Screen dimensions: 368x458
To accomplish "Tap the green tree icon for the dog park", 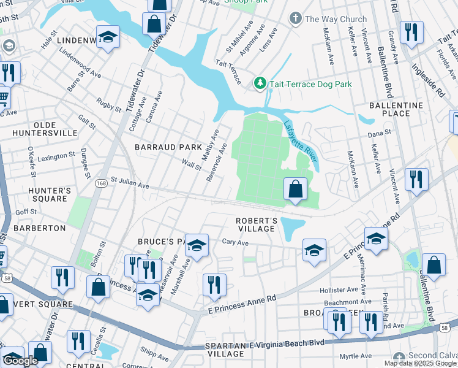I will click(x=260, y=83).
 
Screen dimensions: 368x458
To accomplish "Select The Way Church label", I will click(x=336, y=19).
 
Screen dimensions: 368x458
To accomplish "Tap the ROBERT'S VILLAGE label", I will click(x=257, y=224).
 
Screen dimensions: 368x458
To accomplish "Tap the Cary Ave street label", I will click(x=235, y=243).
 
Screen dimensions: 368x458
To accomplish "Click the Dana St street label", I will click(x=379, y=134).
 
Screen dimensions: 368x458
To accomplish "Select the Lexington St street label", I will click(x=56, y=157).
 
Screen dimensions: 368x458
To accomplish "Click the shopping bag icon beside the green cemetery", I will click(x=296, y=191).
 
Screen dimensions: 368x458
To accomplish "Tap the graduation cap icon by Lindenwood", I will click(x=108, y=38).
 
